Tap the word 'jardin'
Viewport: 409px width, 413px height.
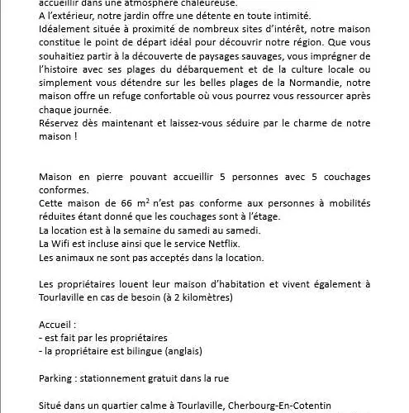point(132,15)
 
